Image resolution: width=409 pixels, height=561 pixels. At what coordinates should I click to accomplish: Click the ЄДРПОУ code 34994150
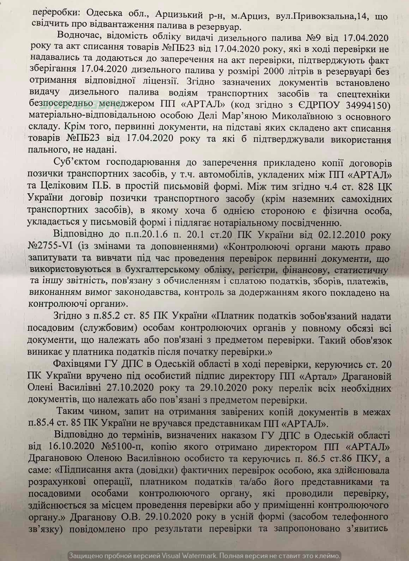[363, 105]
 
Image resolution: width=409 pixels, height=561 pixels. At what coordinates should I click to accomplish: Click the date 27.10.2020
[130, 387]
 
